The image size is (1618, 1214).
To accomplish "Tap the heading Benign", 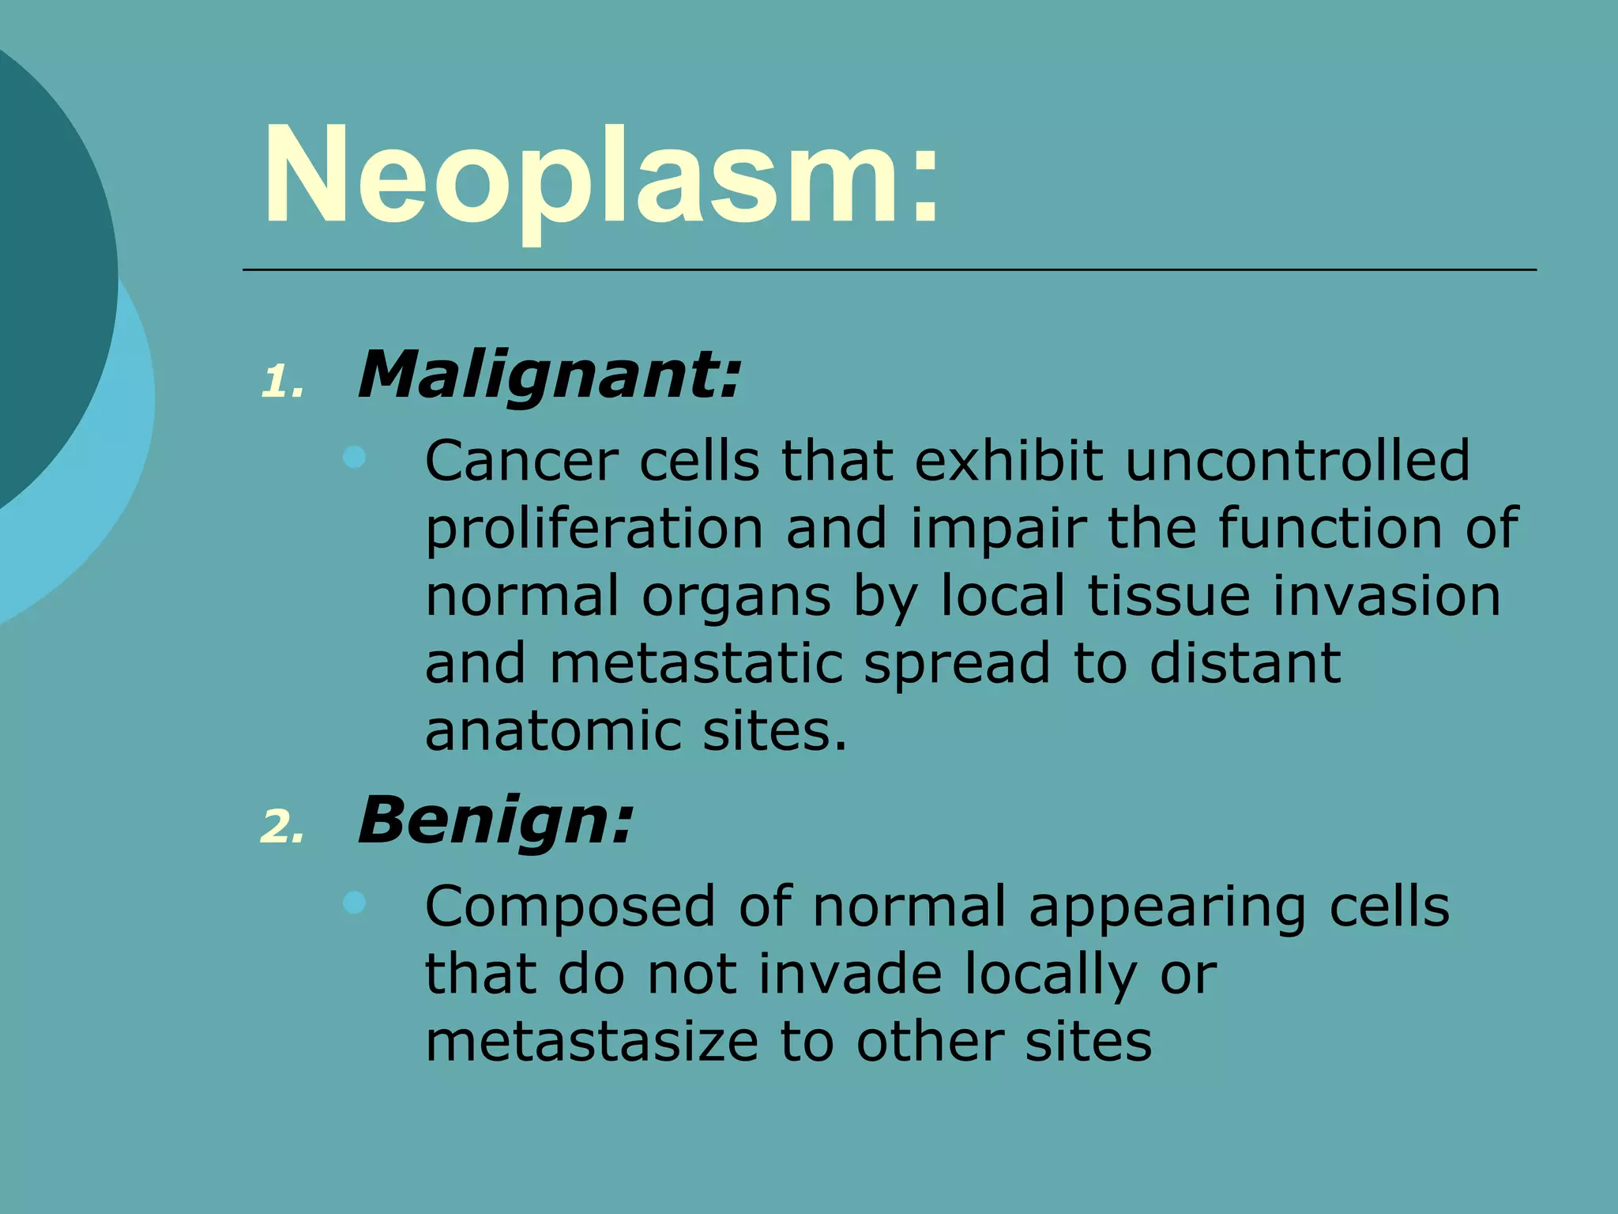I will click(495, 820).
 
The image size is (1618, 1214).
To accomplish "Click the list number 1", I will click(281, 383).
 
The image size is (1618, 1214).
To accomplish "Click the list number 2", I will click(281, 828).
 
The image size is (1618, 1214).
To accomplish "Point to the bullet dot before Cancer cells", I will click(355, 457).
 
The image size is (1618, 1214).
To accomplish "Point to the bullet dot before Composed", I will click(355, 903).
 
